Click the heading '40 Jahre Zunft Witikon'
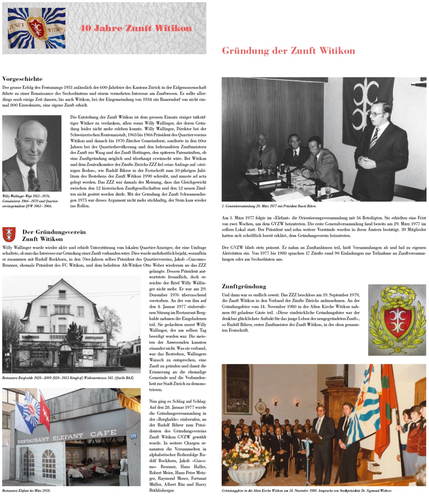click(x=136, y=28)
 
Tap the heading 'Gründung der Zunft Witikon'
click(x=288, y=51)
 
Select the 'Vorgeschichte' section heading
click(x=22, y=79)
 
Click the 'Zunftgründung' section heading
click(x=244, y=287)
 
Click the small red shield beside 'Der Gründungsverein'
click(x=9, y=234)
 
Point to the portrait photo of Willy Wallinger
click(x=32, y=153)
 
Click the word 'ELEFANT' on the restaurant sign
click(x=68, y=437)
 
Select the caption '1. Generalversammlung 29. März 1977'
click(x=269, y=206)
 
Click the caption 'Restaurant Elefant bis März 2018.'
click(x=26, y=490)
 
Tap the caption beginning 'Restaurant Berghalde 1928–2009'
click(x=68, y=378)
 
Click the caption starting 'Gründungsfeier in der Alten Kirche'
click(x=307, y=490)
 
